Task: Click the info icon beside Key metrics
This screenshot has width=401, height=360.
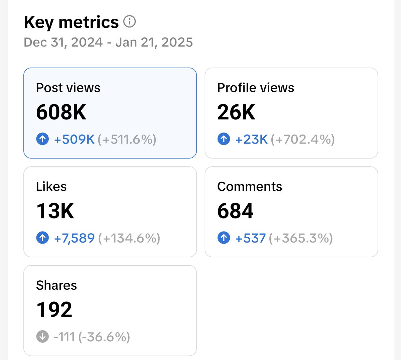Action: pyautogui.click(x=129, y=21)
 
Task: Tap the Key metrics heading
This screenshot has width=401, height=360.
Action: pyautogui.click(x=71, y=22)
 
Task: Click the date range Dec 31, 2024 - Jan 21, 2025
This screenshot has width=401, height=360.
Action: pyautogui.click(x=108, y=42)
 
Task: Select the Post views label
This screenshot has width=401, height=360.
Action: pyautogui.click(x=68, y=88)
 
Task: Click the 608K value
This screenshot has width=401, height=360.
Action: pyautogui.click(x=61, y=112)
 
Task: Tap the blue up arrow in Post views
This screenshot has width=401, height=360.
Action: pyautogui.click(x=42, y=139)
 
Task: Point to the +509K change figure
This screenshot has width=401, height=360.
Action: pyautogui.click(x=74, y=139)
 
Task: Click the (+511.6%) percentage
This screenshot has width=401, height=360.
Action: pyautogui.click(x=127, y=140)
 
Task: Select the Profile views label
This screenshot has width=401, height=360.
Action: pyautogui.click(x=256, y=88)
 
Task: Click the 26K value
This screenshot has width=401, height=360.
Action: pyautogui.click(x=236, y=112)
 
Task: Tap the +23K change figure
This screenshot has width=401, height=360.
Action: pyautogui.click(x=251, y=139)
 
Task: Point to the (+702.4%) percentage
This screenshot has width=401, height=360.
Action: pyautogui.click(x=303, y=140)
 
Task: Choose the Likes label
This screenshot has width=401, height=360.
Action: pyautogui.click(x=51, y=187)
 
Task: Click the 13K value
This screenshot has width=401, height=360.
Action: pyautogui.click(x=55, y=211)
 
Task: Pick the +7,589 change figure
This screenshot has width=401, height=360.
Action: pyautogui.click(x=74, y=238)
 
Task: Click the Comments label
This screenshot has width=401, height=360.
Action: pyautogui.click(x=250, y=187)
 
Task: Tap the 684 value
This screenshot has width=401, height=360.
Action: pyautogui.click(x=235, y=211)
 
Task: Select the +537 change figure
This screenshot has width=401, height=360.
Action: pyautogui.click(x=250, y=238)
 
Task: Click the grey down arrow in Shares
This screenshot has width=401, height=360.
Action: pyautogui.click(x=42, y=336)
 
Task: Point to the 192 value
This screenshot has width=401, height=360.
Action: pyautogui.click(x=54, y=309)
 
